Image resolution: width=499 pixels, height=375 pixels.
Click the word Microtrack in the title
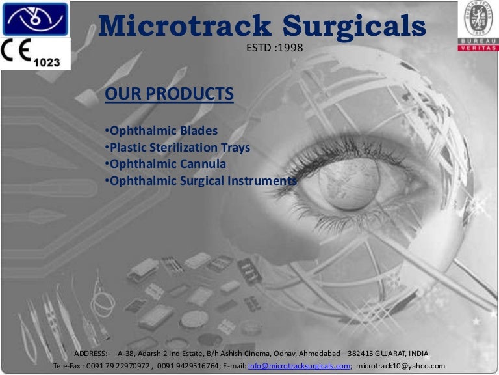click(x=185, y=25)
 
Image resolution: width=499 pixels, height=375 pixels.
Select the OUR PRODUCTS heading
click(x=169, y=94)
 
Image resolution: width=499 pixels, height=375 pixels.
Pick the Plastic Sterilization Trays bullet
click(x=178, y=148)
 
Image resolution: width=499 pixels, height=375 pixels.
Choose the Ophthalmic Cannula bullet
click(x=166, y=163)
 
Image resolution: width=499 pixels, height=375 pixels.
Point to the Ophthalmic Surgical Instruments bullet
click(x=201, y=180)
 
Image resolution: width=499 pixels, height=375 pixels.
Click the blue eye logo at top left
click(x=34, y=19)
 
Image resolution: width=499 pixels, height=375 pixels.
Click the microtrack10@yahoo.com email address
click(x=401, y=366)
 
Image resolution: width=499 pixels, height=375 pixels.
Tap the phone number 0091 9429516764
click(x=187, y=366)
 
